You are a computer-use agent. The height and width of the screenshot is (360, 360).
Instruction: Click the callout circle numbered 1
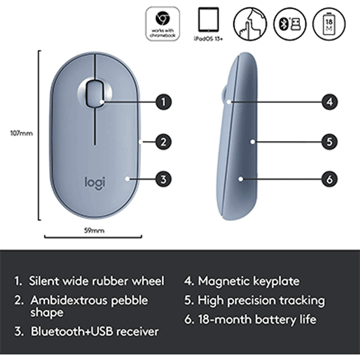coord(164,102)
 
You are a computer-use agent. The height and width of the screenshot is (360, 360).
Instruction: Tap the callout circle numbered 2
coord(164,142)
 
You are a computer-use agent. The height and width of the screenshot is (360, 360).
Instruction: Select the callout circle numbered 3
coord(164,178)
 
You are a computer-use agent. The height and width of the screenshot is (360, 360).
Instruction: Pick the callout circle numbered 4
coord(329,102)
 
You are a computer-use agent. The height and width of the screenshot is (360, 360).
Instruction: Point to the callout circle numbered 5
coord(329,142)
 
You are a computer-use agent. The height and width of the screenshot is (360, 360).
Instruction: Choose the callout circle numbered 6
coord(329,178)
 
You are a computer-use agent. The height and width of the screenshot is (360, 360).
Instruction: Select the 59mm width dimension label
coord(94,230)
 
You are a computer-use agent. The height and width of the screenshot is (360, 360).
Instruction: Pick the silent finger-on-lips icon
coord(251,23)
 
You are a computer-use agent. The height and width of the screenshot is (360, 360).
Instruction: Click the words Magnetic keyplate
coord(249,281)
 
